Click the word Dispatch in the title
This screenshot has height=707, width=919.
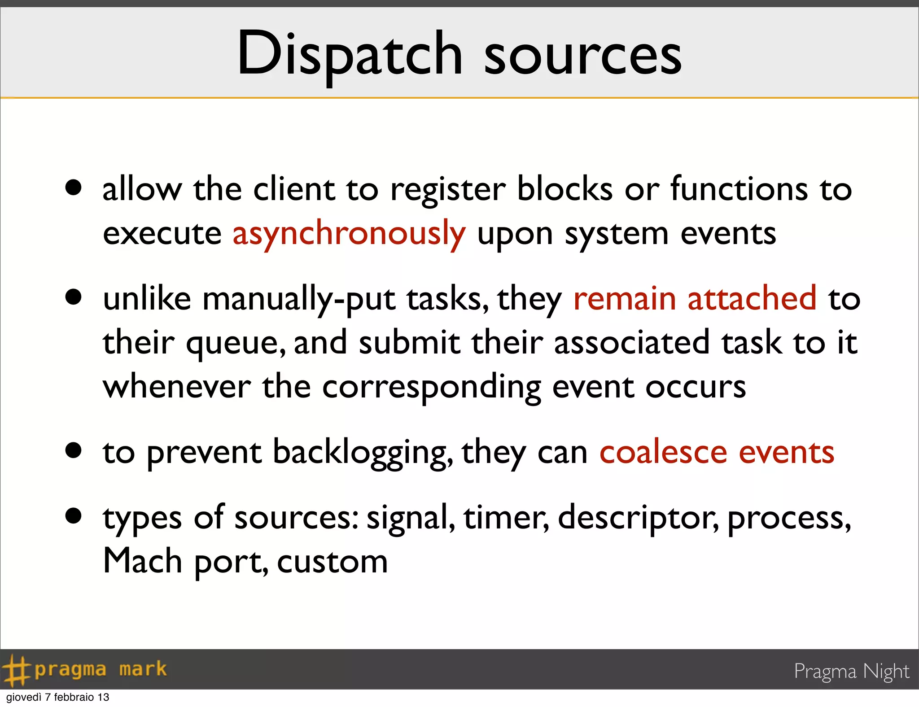click(x=350, y=55)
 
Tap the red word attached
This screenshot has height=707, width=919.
click(x=752, y=298)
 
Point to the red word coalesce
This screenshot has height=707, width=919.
click(x=663, y=452)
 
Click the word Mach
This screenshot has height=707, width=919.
click(x=142, y=561)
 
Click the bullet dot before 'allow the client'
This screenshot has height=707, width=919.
click(x=73, y=188)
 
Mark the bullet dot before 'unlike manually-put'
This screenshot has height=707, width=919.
click(x=73, y=297)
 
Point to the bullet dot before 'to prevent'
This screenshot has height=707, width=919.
click(x=73, y=450)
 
